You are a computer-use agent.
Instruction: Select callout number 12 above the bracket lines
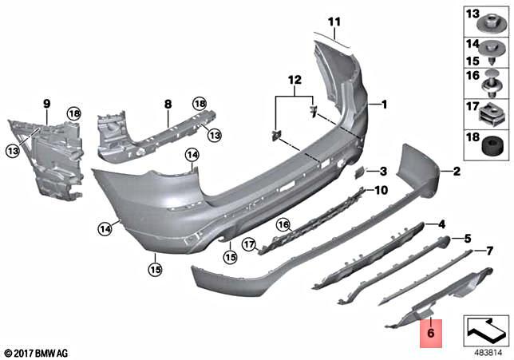[x=295, y=80]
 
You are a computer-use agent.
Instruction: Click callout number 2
[x=456, y=171]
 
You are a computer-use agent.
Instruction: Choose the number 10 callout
[x=380, y=190]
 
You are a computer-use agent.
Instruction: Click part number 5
[x=468, y=238]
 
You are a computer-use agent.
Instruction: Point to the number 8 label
[x=168, y=104]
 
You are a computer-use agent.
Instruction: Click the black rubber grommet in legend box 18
[x=488, y=146]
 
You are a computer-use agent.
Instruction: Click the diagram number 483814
[x=488, y=351]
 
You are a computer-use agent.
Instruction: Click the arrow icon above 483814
[x=485, y=328]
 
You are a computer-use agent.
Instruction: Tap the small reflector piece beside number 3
[x=359, y=172]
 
